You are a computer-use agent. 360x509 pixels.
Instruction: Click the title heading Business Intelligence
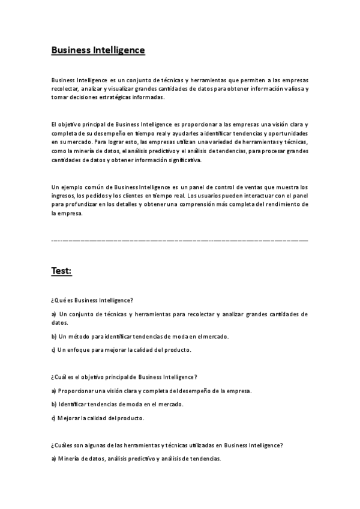98,50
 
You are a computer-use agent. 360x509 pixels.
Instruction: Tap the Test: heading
61,271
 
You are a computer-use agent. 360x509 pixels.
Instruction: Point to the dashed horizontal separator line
180,240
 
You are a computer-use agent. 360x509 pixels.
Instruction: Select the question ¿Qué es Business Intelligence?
92,300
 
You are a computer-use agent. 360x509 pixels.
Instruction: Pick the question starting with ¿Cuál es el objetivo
124,377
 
